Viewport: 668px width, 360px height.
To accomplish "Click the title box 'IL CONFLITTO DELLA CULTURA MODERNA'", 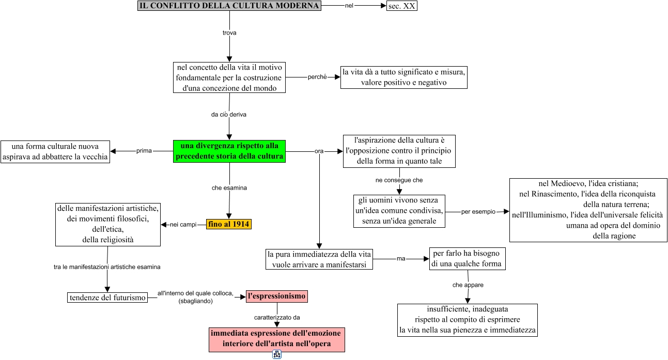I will tap(229, 6).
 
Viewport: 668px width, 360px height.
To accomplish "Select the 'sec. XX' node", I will tap(401, 6).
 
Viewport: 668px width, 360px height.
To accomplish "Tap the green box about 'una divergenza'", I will tap(229, 151).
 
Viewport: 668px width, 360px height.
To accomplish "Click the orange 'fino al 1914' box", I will tap(228, 224).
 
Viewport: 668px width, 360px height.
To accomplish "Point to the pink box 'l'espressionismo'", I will tap(277, 296).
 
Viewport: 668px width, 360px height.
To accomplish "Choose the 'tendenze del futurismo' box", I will tap(107, 298).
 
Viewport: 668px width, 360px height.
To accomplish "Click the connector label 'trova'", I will tap(229, 33).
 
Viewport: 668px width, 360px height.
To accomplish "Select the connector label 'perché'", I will tap(317, 77).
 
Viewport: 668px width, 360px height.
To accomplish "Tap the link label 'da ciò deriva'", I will tap(229, 115).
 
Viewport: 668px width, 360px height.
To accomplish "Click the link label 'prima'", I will tap(144, 151).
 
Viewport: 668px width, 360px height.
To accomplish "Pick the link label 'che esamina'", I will tap(229, 188).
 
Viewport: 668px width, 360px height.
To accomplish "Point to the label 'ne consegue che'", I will tap(399, 180).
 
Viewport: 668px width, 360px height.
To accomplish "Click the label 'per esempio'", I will tap(478, 212).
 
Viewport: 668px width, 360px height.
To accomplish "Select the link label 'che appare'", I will tap(468, 285).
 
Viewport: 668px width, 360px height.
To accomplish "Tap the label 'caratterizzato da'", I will tap(277, 317).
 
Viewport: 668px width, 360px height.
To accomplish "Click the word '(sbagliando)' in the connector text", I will tap(196, 301).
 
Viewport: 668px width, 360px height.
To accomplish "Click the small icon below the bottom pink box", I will tap(277, 354).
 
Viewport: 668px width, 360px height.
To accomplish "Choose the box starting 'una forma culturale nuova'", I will tap(55, 151).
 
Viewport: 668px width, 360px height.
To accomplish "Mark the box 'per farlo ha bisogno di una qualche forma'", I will tap(468, 258).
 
